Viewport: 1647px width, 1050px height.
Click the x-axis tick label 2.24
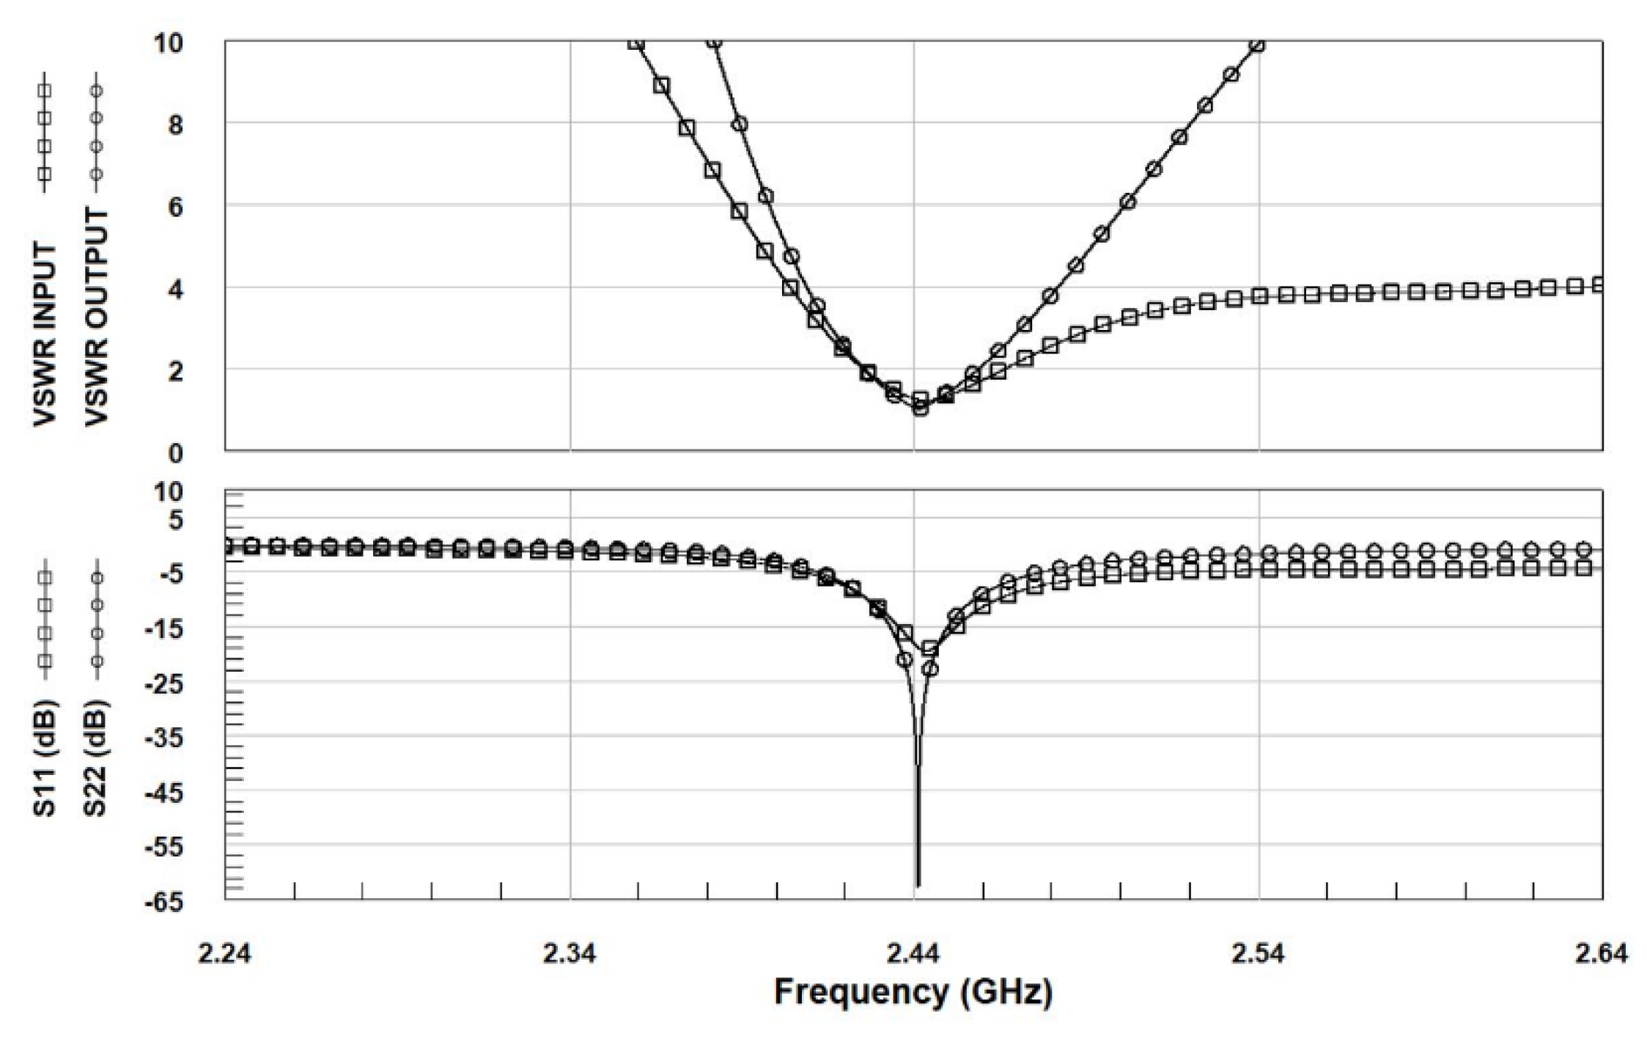[224, 954]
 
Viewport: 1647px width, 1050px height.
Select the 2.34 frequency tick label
[570, 954]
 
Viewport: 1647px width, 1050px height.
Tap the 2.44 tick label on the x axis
[914, 954]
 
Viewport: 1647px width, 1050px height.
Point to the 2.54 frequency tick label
[1259, 954]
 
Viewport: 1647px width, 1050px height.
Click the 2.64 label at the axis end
[1601, 954]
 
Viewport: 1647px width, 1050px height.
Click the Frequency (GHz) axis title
[913, 993]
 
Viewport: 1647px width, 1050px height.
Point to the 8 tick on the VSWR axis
[175, 125]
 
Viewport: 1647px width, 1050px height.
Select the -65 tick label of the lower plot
[168, 903]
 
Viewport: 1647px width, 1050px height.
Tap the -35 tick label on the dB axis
[168, 738]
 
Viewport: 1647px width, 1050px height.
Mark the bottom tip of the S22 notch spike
[918, 885]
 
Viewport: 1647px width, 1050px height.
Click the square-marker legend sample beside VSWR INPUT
[45, 132]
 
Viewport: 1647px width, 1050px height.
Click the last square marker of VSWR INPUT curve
[1599, 284]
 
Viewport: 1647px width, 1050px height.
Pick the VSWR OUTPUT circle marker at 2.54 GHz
[1257, 44]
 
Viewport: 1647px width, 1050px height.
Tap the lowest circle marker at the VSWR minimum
[921, 408]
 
